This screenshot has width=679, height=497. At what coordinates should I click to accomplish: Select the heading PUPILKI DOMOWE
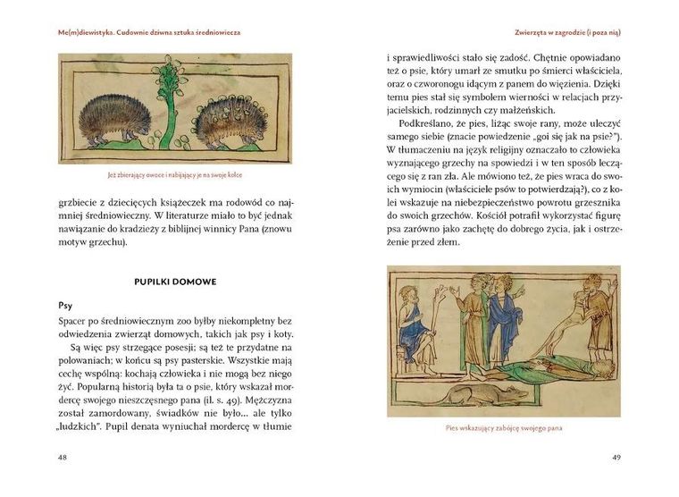point(175,282)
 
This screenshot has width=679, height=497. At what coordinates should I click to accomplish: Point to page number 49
point(616,457)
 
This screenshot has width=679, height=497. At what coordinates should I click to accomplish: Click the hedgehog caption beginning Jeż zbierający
point(175,174)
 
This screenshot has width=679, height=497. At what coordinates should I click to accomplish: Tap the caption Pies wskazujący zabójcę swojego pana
point(503,428)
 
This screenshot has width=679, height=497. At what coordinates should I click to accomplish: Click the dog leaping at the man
point(572,323)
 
